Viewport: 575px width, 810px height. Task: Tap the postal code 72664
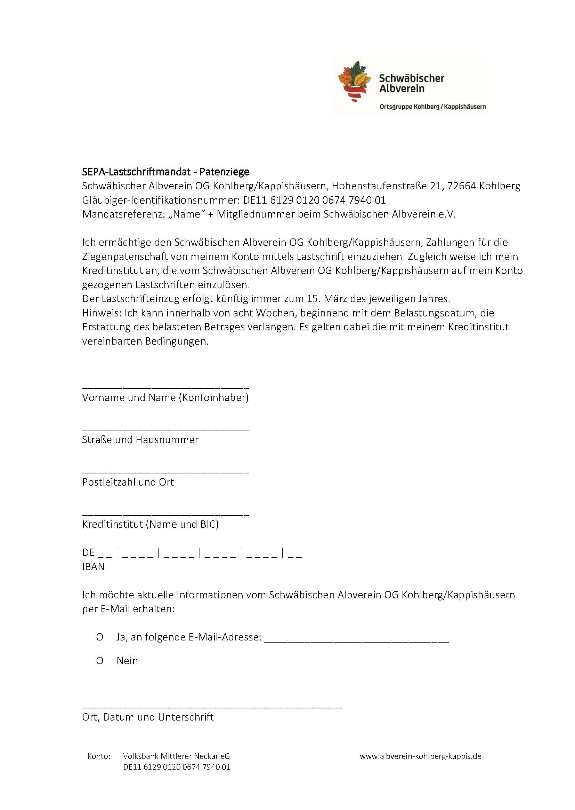[461, 186]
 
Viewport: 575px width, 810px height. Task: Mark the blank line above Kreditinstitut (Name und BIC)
[166, 515]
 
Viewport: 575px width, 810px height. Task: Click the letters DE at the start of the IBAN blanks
[89, 553]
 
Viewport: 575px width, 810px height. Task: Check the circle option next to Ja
[100, 637]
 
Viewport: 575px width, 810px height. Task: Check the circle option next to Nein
[100, 661]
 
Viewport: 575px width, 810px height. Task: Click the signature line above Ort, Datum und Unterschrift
[212, 708]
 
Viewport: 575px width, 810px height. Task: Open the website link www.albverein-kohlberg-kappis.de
[420, 756]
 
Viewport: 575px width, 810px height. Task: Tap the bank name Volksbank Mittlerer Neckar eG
[176, 756]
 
